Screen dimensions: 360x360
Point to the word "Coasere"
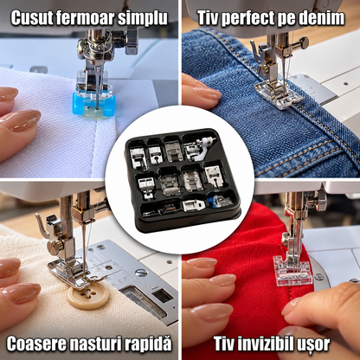point(37,344)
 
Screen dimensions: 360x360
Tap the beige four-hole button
point(88,296)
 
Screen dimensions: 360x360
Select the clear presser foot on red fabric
point(292,270)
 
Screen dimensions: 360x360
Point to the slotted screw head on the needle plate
point(141,273)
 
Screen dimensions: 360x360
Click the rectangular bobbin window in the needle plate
point(163,296)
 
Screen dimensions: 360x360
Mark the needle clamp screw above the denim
point(302,43)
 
